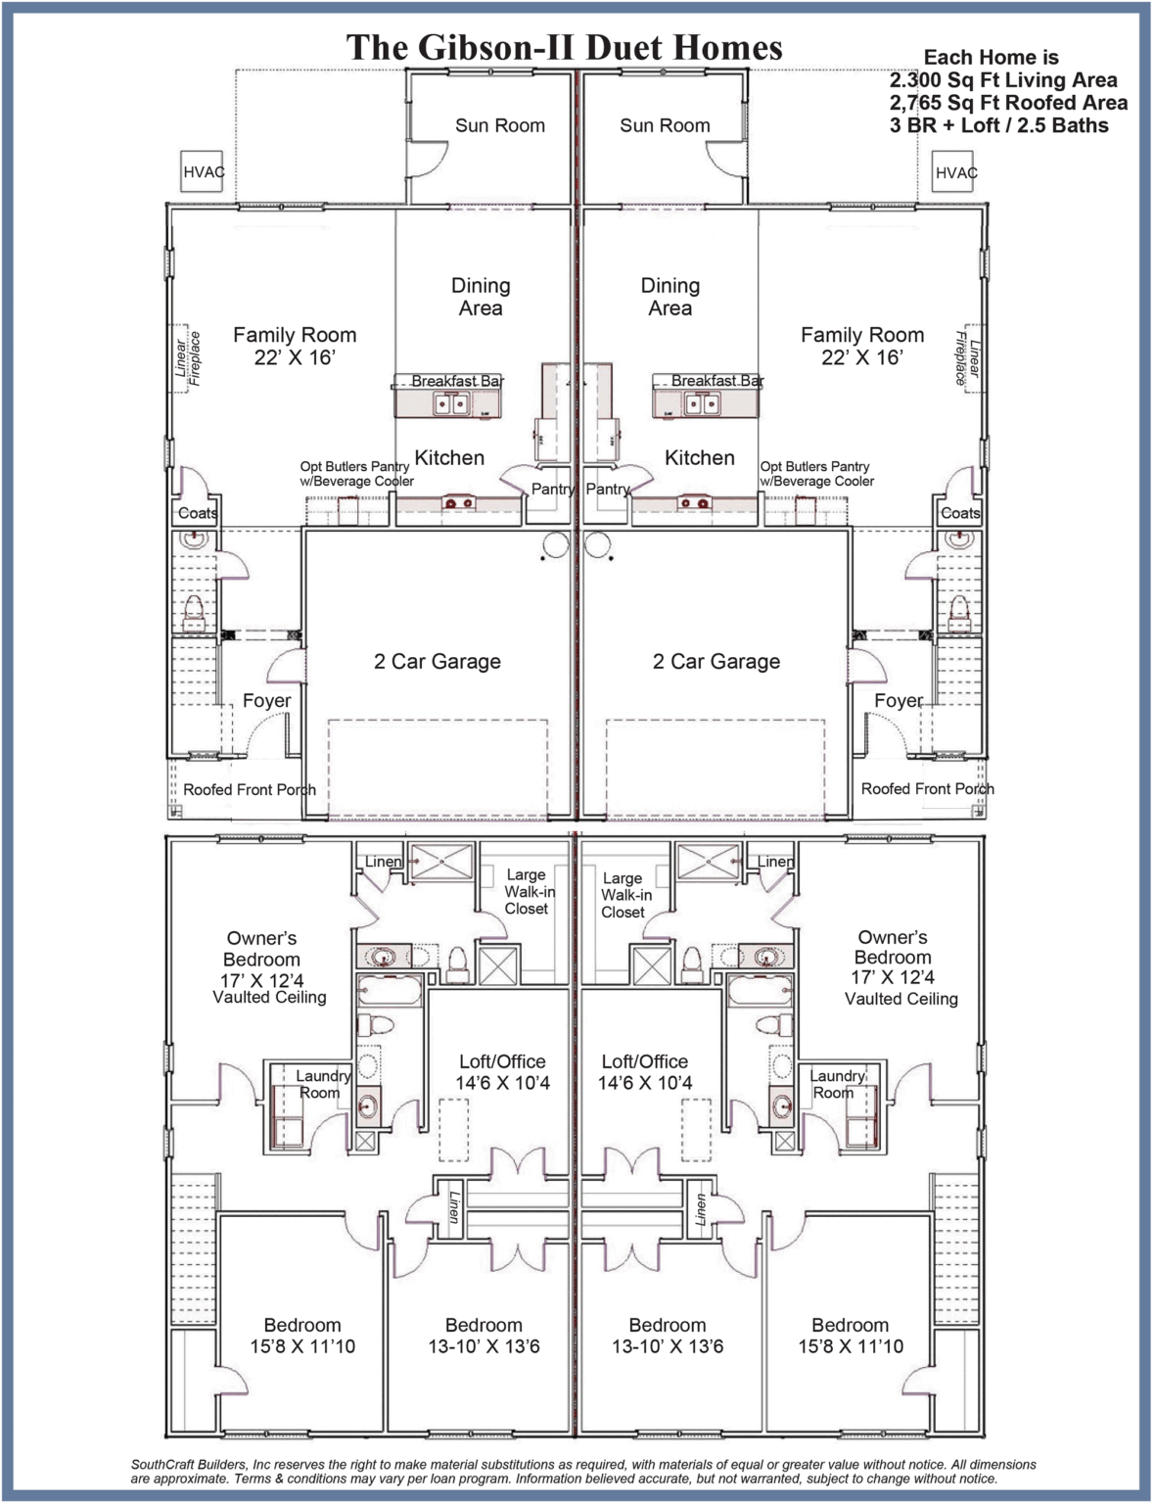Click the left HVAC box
(x=202, y=171)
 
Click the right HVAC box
(x=952, y=171)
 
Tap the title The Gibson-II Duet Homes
(x=565, y=48)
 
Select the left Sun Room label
(x=500, y=125)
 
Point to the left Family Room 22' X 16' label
(x=295, y=346)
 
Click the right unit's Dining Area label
(x=670, y=297)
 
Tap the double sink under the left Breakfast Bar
(x=451, y=403)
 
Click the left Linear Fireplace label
(x=187, y=358)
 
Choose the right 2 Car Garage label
(x=716, y=662)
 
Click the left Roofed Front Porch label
(x=250, y=790)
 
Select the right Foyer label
(x=899, y=701)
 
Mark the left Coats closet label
(x=198, y=513)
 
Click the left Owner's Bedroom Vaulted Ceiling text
(x=269, y=998)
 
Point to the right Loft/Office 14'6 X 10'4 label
(x=645, y=1072)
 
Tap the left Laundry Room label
(x=322, y=1084)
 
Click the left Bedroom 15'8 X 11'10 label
(x=302, y=1336)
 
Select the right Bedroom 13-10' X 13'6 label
(x=668, y=1336)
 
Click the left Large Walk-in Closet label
(x=530, y=891)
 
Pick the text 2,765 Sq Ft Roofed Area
(x=1008, y=103)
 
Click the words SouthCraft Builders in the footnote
(x=189, y=1465)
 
